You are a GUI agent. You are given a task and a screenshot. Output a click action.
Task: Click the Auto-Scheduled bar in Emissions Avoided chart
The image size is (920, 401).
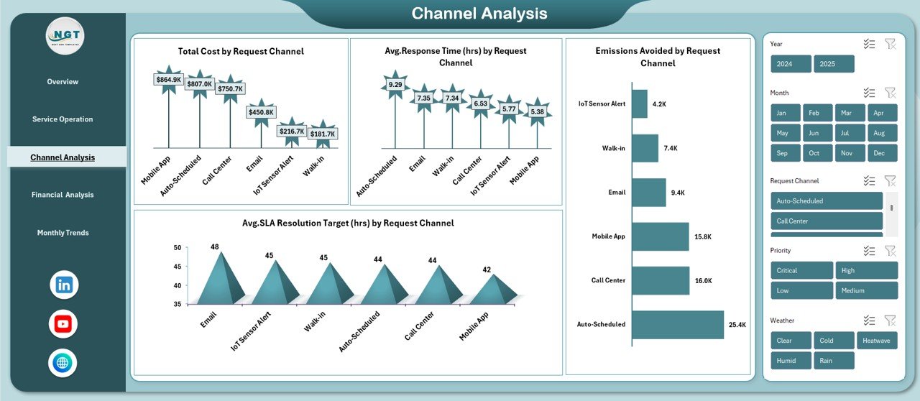click(x=677, y=324)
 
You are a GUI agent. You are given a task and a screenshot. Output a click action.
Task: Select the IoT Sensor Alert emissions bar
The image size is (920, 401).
click(x=640, y=103)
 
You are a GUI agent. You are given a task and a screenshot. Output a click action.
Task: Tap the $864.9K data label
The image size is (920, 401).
click(x=169, y=79)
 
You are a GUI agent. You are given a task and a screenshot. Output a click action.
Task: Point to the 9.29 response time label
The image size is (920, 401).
click(x=395, y=84)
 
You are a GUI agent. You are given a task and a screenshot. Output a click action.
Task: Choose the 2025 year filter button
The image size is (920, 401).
click(x=834, y=64)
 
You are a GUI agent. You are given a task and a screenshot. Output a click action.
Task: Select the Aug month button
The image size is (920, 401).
click(x=881, y=133)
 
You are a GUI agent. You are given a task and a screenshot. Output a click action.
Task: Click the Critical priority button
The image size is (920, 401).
click(x=801, y=270)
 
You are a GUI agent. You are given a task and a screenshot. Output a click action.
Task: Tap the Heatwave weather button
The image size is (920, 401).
click(x=877, y=341)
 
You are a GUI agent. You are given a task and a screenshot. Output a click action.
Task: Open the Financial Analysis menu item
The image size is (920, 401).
click(x=63, y=195)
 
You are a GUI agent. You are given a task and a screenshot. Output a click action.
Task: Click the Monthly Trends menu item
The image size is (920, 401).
click(x=63, y=233)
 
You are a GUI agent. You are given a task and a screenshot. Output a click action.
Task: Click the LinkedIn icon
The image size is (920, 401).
click(x=64, y=285)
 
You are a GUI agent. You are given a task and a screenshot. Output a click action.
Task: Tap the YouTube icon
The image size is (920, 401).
click(x=63, y=324)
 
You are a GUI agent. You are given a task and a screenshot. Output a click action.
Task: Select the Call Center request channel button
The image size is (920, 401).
click(x=826, y=221)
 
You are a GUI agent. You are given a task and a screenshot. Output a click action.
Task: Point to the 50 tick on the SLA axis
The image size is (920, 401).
click(x=177, y=248)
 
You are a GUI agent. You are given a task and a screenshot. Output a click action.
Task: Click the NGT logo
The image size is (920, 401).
click(x=65, y=34)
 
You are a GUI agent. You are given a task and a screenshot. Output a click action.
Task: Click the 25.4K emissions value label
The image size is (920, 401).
click(x=737, y=325)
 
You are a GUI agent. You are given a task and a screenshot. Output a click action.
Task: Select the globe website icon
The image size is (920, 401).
click(x=63, y=363)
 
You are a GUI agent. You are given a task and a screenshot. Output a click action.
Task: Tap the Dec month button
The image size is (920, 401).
click(x=881, y=153)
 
